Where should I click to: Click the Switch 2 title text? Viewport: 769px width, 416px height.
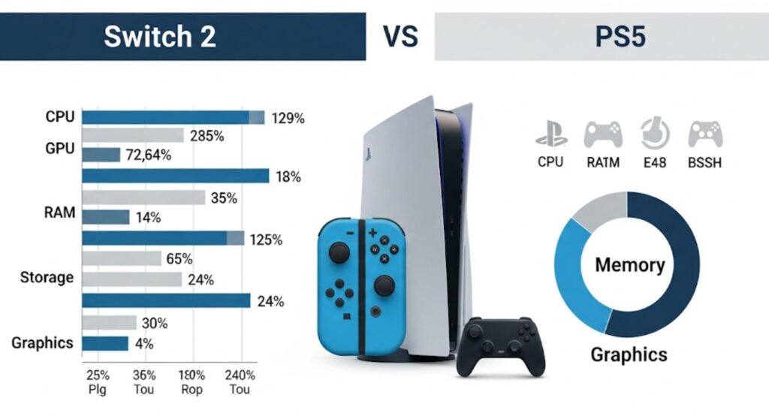click(160, 37)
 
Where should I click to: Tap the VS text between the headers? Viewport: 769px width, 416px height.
click(399, 37)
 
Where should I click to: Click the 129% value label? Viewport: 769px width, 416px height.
click(288, 118)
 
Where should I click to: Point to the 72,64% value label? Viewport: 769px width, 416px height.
click(149, 155)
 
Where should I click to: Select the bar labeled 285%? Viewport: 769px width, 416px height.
click(133, 136)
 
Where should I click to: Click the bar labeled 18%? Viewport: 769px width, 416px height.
click(175, 176)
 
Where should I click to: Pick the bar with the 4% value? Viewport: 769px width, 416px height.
click(105, 344)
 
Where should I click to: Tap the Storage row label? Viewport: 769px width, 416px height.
click(47, 278)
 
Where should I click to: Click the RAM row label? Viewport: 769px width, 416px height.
click(60, 213)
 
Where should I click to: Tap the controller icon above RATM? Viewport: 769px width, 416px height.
click(603, 134)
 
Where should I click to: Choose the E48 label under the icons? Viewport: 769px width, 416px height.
click(655, 161)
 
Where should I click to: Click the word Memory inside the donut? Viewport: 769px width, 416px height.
click(629, 265)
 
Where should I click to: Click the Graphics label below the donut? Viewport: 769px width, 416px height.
click(629, 354)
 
